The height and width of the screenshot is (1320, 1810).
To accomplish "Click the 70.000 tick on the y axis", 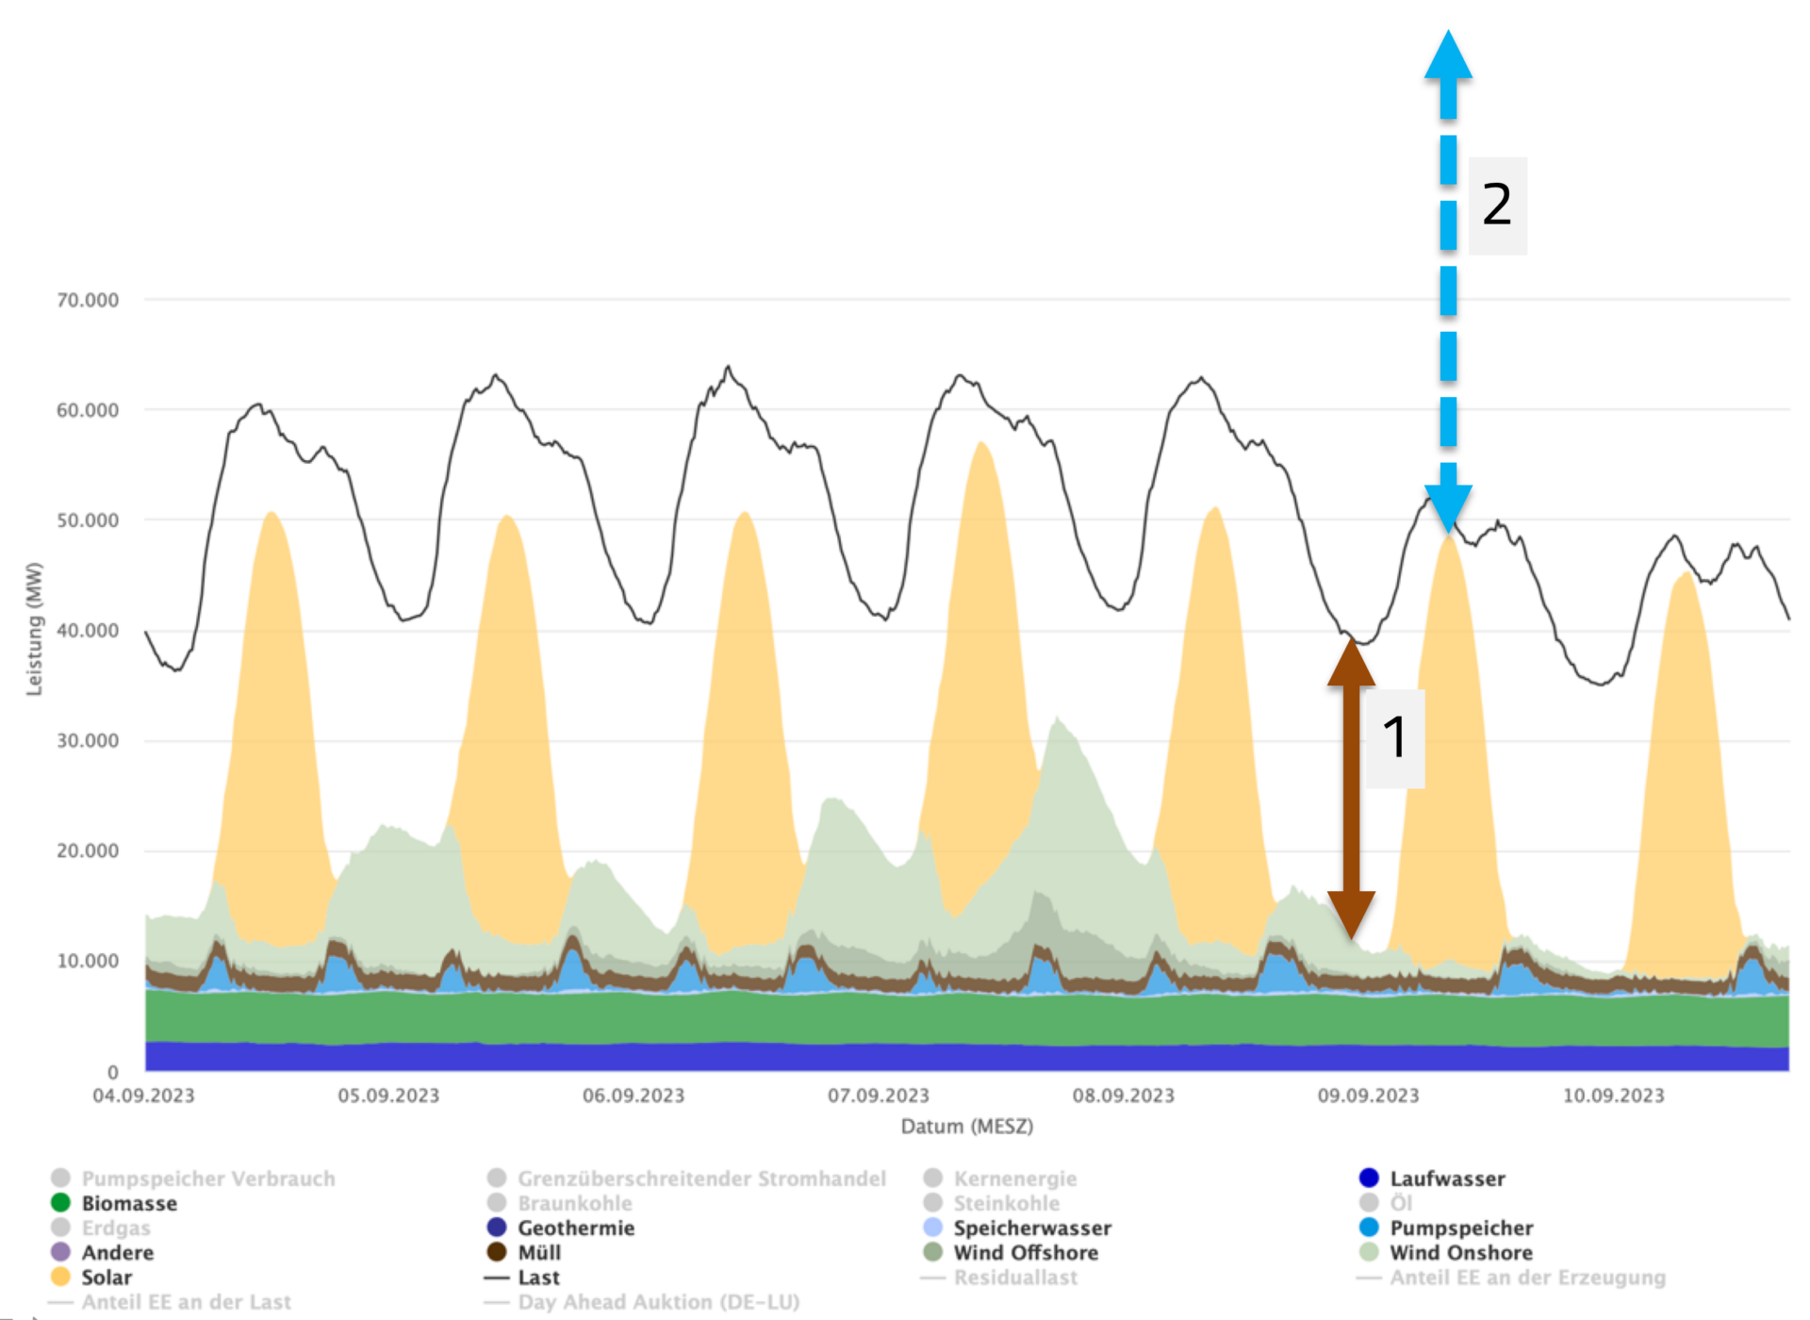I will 88,300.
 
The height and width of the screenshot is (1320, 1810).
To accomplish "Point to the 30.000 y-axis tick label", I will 88,741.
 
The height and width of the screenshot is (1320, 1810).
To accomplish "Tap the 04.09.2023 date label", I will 143,1096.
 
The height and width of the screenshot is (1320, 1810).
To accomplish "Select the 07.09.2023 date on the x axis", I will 879,1096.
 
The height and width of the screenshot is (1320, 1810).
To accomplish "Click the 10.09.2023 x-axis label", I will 1614,1096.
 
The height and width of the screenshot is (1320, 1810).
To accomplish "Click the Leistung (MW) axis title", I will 35,629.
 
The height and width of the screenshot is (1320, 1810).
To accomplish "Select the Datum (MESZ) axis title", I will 967,1127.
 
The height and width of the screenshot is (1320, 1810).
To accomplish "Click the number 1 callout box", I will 1395,737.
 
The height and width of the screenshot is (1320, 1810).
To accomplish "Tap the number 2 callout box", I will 1497,206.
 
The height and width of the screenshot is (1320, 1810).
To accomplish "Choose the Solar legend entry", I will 106,1278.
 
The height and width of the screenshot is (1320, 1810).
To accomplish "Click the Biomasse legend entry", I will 128,1204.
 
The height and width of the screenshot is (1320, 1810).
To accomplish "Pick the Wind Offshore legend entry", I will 1025,1253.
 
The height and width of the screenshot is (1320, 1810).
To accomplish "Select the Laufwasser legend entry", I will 1447,1179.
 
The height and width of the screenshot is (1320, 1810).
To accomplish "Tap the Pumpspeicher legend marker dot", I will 1369,1228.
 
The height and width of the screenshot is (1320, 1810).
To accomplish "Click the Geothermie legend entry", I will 575,1229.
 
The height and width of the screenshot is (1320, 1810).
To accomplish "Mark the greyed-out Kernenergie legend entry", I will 1014,1179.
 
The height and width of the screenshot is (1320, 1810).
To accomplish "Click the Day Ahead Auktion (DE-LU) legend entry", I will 658,1302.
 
